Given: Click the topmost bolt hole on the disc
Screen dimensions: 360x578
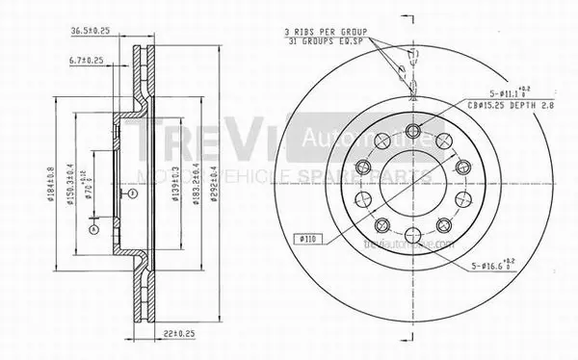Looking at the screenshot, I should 413,132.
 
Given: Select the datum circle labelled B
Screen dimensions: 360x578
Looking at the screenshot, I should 132,193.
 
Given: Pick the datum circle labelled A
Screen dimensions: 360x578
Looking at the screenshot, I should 92,229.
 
